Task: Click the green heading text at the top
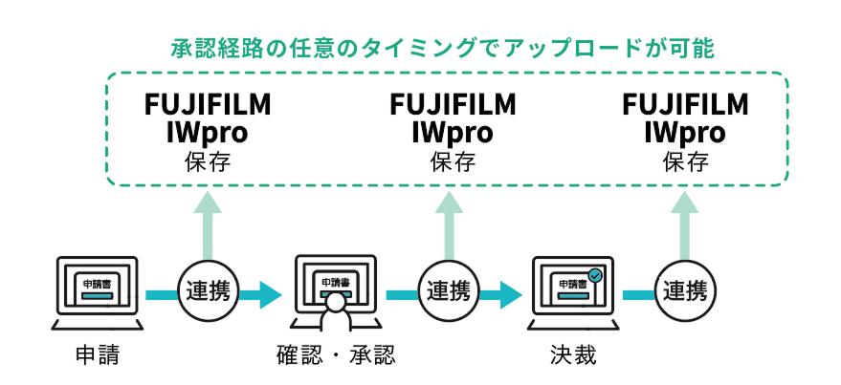(x=442, y=47)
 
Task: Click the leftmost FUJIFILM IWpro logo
(x=208, y=118)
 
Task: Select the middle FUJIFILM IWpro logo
(x=453, y=118)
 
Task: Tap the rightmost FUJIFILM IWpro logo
(x=685, y=118)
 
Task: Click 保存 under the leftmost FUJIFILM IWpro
(x=208, y=160)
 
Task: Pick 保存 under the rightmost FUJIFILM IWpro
(x=685, y=160)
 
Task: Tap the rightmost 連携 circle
(x=685, y=289)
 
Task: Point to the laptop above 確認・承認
(x=336, y=287)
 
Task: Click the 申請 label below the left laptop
(x=97, y=356)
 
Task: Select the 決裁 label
(x=573, y=356)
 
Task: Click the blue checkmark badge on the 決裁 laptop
(x=595, y=275)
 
